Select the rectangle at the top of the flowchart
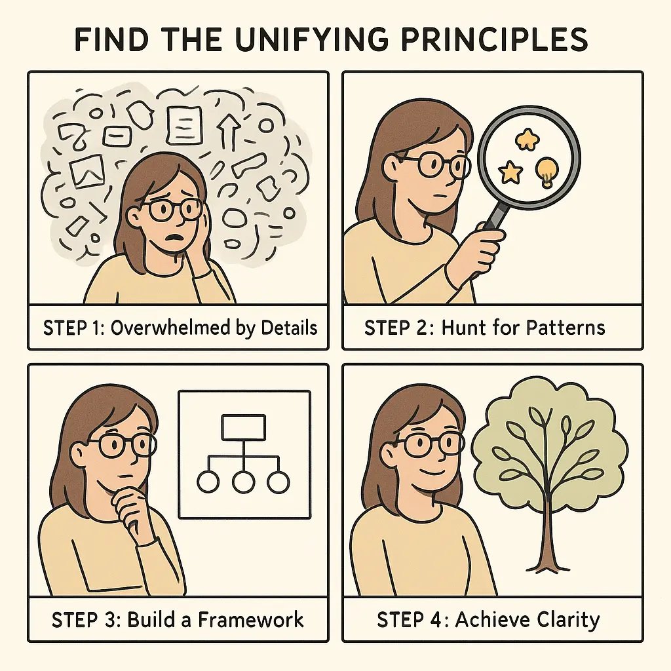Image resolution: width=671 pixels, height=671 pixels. click(x=243, y=427)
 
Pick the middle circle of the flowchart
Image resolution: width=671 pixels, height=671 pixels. click(x=243, y=482)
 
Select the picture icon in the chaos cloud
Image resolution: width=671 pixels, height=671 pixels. click(x=88, y=170)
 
